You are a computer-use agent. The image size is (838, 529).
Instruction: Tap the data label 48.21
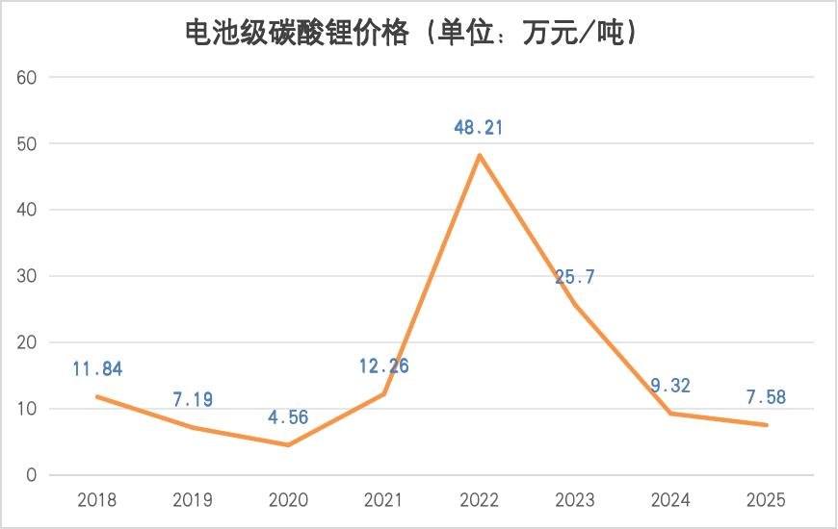[x=480, y=127]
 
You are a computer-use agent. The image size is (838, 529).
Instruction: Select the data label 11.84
[x=97, y=368]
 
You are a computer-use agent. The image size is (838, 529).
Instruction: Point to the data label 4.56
[x=288, y=417]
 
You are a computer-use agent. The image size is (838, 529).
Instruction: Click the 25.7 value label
[x=575, y=278]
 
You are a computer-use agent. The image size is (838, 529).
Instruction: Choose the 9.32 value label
[x=670, y=386]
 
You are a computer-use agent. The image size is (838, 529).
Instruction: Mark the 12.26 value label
[x=383, y=366]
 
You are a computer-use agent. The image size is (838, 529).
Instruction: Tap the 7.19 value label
[x=193, y=399]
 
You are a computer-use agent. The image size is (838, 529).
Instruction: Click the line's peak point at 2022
[x=480, y=155]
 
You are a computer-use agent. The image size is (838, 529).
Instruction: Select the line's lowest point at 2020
[x=288, y=444]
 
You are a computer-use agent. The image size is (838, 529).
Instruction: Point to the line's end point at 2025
[x=767, y=425]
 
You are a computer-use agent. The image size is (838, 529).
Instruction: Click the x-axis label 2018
[x=96, y=500]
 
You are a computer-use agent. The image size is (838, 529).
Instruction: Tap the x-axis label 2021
[x=383, y=500]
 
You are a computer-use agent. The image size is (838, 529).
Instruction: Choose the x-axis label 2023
[x=575, y=500]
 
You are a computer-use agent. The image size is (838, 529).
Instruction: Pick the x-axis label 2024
[x=670, y=500]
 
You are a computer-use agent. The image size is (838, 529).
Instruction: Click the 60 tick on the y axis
[x=27, y=77]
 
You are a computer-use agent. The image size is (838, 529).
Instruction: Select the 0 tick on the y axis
[x=31, y=475]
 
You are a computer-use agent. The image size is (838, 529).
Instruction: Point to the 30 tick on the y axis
[x=27, y=276]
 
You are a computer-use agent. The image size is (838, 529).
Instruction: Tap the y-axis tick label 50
[x=27, y=143]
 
